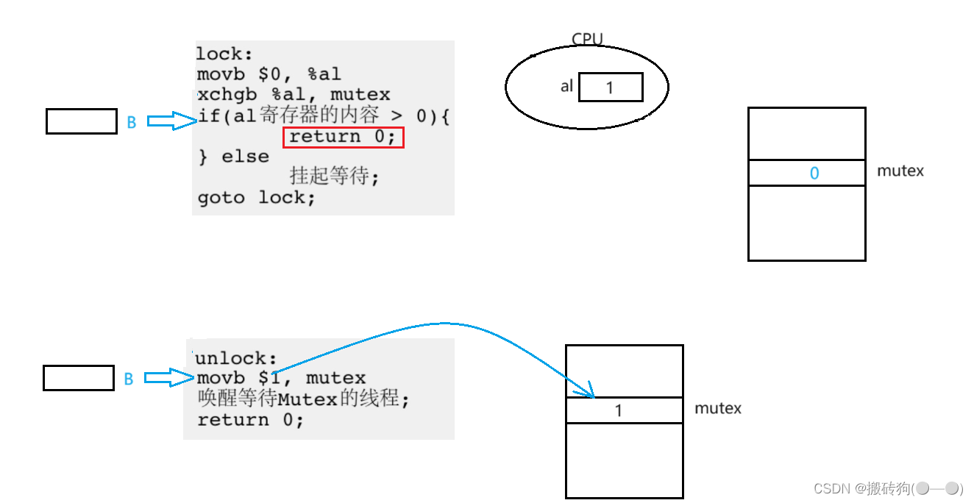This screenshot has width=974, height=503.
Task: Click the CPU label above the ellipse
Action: click(x=587, y=40)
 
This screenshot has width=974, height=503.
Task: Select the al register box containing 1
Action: click(x=611, y=88)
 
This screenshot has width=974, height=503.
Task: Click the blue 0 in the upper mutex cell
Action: click(x=814, y=174)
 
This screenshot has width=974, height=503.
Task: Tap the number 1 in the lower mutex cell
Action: click(x=619, y=410)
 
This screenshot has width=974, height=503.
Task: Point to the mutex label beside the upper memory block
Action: click(x=900, y=171)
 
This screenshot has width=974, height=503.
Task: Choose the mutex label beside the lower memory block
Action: click(x=718, y=407)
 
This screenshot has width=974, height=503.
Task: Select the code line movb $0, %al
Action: click(x=269, y=74)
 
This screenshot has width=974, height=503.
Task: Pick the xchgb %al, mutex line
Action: click(x=294, y=95)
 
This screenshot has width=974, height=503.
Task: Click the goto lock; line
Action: click(x=256, y=198)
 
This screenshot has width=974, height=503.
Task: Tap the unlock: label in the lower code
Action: click(x=235, y=358)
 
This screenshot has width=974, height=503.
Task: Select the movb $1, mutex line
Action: click(x=281, y=378)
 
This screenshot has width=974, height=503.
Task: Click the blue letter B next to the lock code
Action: click(x=132, y=123)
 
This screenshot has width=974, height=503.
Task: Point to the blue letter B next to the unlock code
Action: click(x=128, y=379)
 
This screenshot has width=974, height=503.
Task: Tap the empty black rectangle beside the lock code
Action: click(x=81, y=121)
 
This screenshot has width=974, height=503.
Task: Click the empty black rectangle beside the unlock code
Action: click(x=78, y=378)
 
